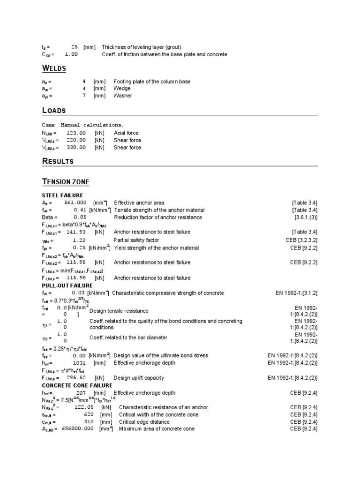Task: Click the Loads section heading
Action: pos(54,111)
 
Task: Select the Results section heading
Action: pos(58,161)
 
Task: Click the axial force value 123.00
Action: pos(76,133)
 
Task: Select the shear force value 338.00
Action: pos(76,147)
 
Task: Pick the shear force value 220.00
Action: pos(76,140)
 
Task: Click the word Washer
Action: pos(122,96)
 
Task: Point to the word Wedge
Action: pos(122,88)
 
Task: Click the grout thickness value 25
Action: pos(75,47)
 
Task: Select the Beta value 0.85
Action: pos(80,217)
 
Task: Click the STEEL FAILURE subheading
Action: pos(62,195)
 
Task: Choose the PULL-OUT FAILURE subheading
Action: pos(67,285)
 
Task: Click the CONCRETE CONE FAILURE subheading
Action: pos(77,385)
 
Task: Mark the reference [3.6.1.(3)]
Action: pos(306,217)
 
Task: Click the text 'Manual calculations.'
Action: pos(92,125)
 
